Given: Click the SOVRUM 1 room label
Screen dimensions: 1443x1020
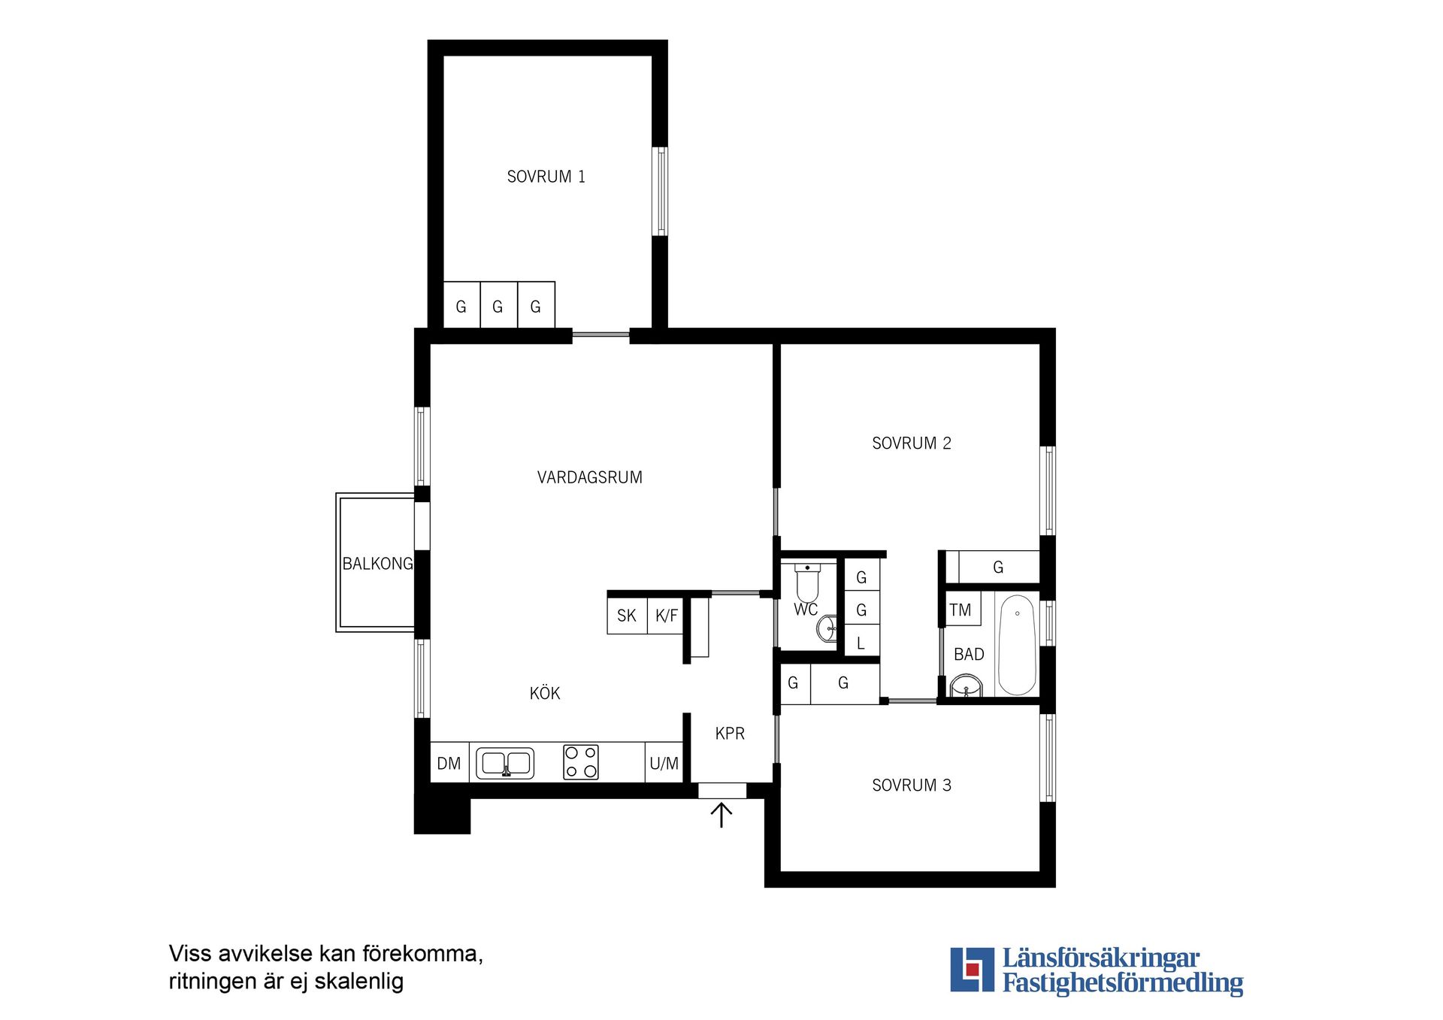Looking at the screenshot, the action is click(546, 177).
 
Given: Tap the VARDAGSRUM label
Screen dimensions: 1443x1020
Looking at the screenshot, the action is click(590, 477).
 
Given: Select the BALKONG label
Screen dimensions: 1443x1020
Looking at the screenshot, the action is click(377, 564).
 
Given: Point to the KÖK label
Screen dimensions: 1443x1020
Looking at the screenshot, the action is click(545, 693).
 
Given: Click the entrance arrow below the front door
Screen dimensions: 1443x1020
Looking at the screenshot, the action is click(721, 815).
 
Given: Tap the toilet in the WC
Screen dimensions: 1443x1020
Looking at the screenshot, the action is click(807, 583).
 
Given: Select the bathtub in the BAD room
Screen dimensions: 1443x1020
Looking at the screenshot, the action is click(1017, 645).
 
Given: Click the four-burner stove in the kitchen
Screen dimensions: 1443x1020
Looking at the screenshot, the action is click(581, 762).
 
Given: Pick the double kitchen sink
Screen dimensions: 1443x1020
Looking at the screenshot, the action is click(505, 763).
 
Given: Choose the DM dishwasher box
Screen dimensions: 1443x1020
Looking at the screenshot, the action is click(449, 763).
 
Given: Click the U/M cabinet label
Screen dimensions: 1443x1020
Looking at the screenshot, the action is click(664, 764).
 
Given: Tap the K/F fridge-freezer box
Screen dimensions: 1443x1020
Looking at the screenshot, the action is click(666, 616).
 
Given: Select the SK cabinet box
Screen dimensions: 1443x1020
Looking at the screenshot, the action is click(627, 616).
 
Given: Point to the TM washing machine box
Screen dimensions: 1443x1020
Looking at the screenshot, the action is click(961, 610).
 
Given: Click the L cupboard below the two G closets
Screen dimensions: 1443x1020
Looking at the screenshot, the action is click(861, 642).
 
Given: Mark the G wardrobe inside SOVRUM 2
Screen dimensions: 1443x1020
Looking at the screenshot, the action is click(999, 568).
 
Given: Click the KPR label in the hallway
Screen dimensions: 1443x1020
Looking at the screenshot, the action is click(730, 734).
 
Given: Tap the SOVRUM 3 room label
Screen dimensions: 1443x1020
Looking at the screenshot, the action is click(912, 785).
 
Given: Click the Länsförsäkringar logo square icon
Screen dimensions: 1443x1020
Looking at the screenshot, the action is click(973, 970).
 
